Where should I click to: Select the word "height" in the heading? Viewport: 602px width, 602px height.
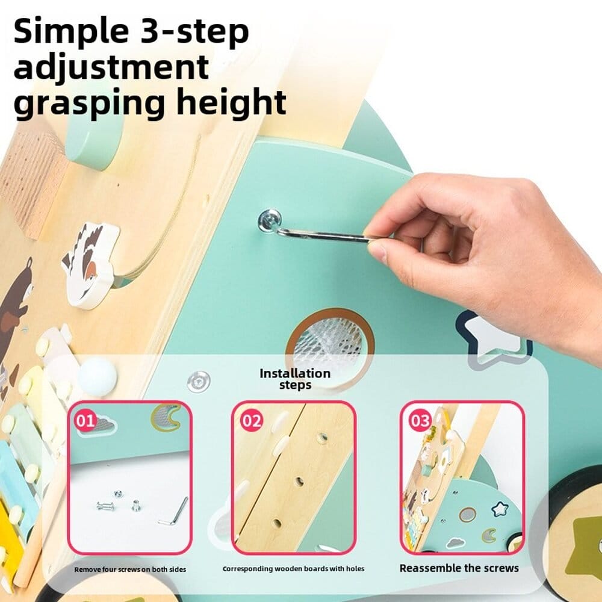pos(231,102)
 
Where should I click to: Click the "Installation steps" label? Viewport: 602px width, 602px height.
pos(295,379)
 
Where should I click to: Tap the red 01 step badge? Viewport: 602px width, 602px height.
pos(85,421)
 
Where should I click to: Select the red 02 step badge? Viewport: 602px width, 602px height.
pos(252,421)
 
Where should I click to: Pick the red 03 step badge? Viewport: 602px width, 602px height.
pos(420,421)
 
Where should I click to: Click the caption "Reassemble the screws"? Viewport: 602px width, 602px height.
pos(459,568)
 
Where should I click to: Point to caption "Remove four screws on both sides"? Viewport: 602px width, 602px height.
pos(130,569)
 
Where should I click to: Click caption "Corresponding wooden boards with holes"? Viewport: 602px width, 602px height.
pos(293,569)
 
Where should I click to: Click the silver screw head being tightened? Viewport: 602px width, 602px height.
pos(270,221)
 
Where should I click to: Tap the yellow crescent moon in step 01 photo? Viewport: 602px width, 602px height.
pos(166,417)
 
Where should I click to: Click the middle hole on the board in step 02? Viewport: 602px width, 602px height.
pos(299,481)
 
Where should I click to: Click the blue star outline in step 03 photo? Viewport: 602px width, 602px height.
pos(500,509)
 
